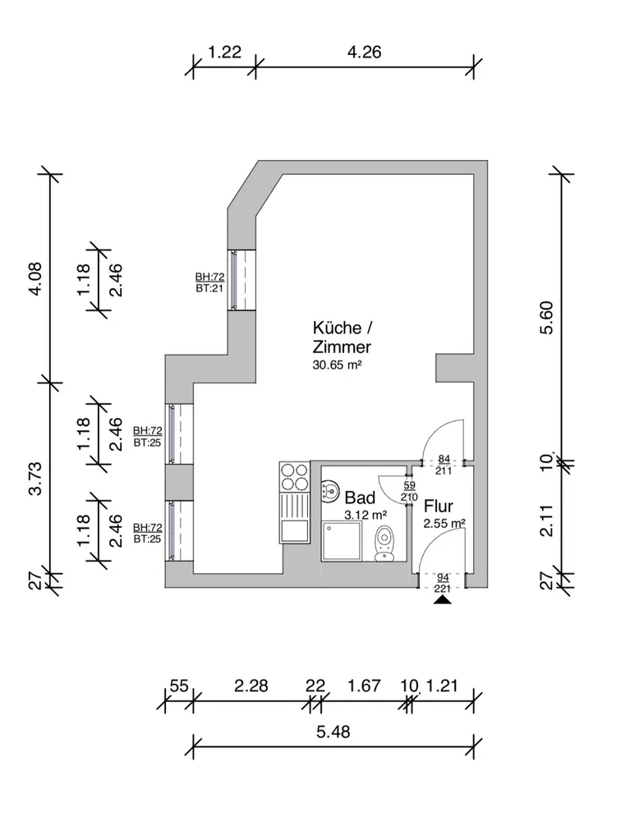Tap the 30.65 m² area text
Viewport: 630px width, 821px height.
coord(338,367)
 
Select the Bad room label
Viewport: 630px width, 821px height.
coord(360,498)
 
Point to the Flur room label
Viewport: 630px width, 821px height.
coord(439,506)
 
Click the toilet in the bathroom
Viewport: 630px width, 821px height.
coord(384,544)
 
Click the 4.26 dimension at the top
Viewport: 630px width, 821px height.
coord(365,53)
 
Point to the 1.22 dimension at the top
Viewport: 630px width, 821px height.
coord(224,53)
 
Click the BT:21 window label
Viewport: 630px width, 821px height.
coord(209,289)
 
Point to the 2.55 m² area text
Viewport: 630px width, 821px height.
coord(444,523)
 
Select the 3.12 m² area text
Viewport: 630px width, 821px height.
coord(366,515)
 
